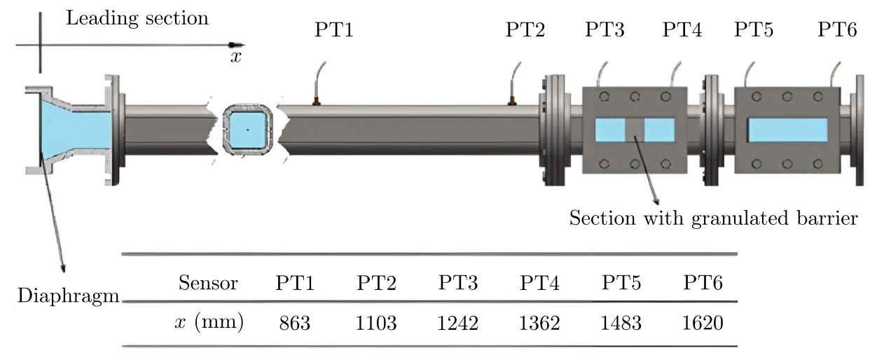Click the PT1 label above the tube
tap(335, 31)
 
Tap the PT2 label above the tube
tap(525, 31)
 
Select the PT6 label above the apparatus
tap(838, 31)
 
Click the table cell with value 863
tap(295, 323)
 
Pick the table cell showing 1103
tap(377, 323)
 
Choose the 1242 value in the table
tap(459, 323)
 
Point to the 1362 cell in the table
tap(540, 323)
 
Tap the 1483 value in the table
tap(621, 323)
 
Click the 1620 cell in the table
tap(703, 323)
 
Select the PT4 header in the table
tap(540, 284)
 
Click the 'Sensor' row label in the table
tap(208, 284)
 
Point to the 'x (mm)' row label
tap(208, 323)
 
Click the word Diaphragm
tap(68, 297)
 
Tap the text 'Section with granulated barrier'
tap(713, 219)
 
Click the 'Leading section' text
tap(137, 18)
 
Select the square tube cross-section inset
tap(247, 130)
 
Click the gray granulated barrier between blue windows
tap(635, 130)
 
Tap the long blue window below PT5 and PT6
tap(787, 130)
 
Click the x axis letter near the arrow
tap(236, 57)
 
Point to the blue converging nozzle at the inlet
tap(70, 126)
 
